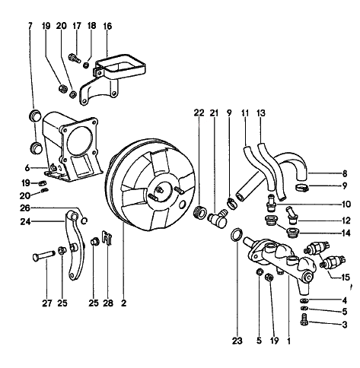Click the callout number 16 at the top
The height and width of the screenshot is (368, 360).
(x=107, y=26)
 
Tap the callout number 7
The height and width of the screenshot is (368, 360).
(x=30, y=26)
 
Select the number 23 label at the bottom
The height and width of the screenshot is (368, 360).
(x=237, y=341)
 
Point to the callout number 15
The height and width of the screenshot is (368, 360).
(x=346, y=278)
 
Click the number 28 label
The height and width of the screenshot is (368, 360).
(x=108, y=303)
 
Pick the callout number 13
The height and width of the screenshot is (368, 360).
(x=261, y=113)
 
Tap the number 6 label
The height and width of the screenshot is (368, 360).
(x=27, y=167)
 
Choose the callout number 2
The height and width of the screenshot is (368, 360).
(x=123, y=303)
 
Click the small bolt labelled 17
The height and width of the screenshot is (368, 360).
(x=75, y=59)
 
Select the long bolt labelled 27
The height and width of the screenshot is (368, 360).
(x=44, y=255)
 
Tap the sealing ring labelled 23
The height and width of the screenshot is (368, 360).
(x=237, y=235)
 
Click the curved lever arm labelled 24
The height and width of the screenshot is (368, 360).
(x=75, y=246)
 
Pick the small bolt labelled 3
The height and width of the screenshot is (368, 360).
(x=304, y=320)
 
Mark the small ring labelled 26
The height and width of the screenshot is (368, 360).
(x=84, y=220)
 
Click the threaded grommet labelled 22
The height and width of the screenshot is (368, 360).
(x=199, y=212)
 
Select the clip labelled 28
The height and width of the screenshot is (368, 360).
(x=107, y=238)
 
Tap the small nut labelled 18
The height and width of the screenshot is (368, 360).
(x=87, y=65)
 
